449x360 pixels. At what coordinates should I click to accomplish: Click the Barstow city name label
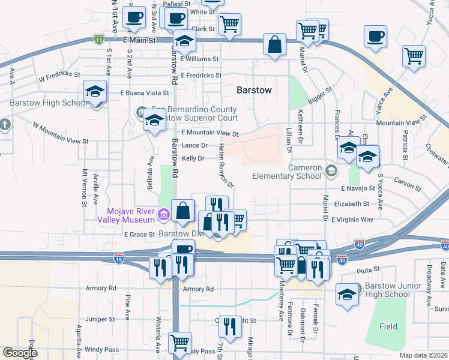click(254, 90)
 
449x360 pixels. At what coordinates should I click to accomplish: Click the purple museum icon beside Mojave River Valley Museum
click(163, 212)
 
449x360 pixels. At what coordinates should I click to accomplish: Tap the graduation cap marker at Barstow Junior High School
click(347, 294)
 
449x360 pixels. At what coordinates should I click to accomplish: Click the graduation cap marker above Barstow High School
click(94, 92)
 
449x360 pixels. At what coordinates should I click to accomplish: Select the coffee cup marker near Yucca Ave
click(376, 37)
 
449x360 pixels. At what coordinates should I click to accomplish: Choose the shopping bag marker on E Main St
click(274, 44)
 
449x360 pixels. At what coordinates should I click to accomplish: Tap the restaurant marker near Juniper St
click(229, 326)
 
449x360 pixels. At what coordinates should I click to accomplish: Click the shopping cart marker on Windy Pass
click(179, 343)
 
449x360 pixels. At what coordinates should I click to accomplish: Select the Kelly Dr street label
click(193, 158)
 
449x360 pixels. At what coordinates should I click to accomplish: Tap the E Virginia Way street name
click(356, 220)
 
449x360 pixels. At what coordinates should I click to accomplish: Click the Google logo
click(20, 353)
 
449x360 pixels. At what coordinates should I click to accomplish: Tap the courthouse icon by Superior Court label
click(140, 111)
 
